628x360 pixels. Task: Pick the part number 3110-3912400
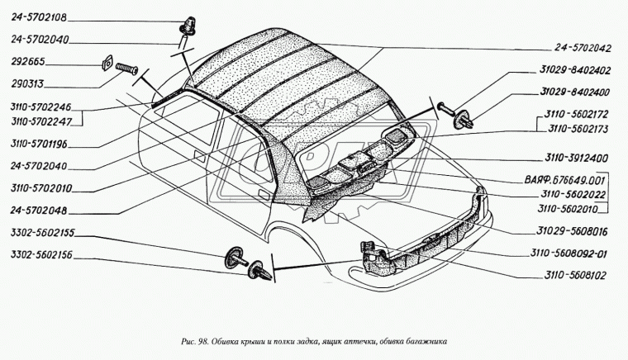576,158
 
